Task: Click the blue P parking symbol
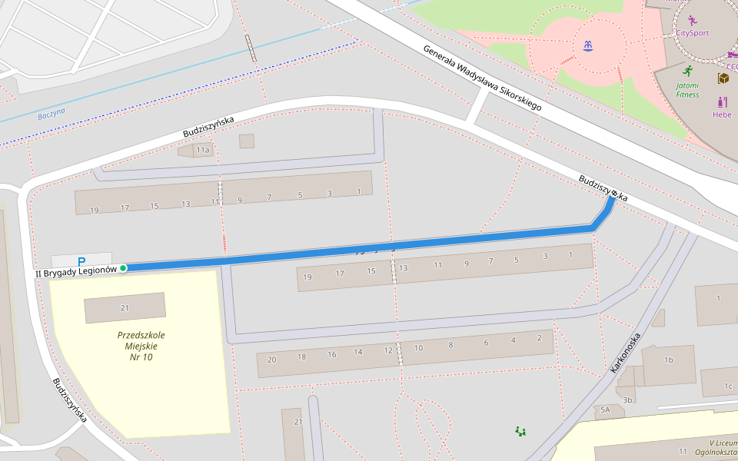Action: tap(81, 261)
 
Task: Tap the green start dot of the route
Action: tap(123, 268)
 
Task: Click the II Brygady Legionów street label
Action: tap(75, 271)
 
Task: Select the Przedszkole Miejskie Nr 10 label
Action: tap(141, 346)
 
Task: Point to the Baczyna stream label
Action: tap(52, 113)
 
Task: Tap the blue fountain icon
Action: tap(589, 45)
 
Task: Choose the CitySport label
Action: tap(692, 33)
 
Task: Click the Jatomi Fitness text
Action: tap(688, 90)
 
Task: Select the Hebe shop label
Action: tap(722, 114)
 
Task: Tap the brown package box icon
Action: tap(723, 78)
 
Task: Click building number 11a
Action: tap(202, 151)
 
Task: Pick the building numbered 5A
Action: tap(605, 410)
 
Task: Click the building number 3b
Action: tap(627, 400)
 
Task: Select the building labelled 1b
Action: tap(668, 360)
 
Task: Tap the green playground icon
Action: tap(521, 431)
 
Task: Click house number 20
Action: tap(271, 359)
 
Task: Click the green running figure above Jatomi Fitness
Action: tap(687, 71)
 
